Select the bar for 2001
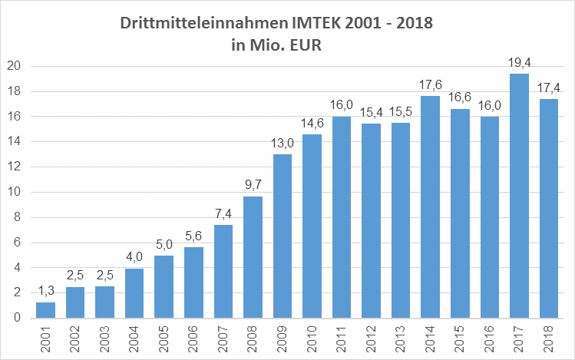point(46,309)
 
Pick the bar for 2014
point(431,206)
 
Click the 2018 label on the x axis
point(550,338)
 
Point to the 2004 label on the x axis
point(135,338)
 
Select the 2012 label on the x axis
point(372,338)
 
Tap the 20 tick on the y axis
point(14,66)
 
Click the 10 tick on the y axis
point(14,192)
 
